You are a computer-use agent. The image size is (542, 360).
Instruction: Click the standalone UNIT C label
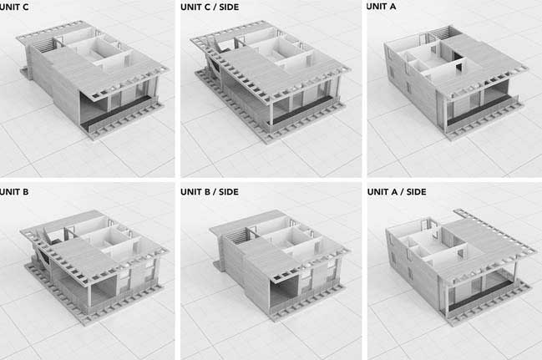14,7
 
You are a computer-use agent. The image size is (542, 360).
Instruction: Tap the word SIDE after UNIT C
229,7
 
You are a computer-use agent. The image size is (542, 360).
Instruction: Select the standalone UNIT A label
382,7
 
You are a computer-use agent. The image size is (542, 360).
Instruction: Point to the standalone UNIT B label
14,191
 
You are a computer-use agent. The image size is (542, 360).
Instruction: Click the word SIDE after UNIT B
229,191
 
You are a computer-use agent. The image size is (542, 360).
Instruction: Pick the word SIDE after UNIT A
416,191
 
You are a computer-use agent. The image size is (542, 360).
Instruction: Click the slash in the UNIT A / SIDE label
401,191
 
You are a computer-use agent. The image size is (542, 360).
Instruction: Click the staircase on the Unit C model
46,45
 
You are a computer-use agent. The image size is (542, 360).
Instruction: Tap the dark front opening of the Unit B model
104,292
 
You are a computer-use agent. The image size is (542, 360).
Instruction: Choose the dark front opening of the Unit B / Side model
283,293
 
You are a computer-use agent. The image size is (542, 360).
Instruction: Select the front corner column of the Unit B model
89,295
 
